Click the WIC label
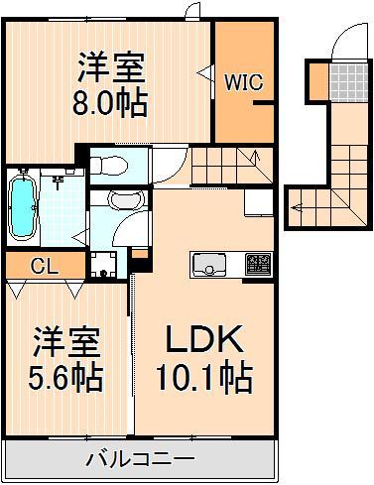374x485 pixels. pos(243,82)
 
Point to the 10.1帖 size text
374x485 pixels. pos(203,377)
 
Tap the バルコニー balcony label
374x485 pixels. pos(140,459)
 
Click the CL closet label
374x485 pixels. pos(42,265)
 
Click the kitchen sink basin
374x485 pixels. pos(210,265)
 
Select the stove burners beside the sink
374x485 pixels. pos(257,265)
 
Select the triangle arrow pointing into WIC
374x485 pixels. pos(203,72)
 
